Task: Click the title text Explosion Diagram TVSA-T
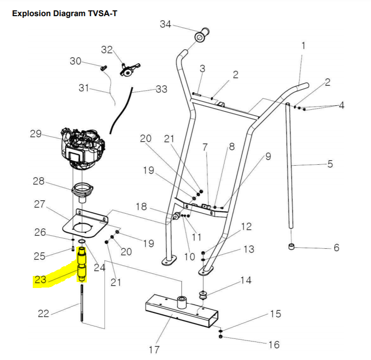click(x=64, y=13)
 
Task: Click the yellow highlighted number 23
click(x=41, y=279)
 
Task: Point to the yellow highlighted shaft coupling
click(x=82, y=264)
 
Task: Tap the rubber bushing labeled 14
click(x=203, y=295)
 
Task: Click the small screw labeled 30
click(x=103, y=67)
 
